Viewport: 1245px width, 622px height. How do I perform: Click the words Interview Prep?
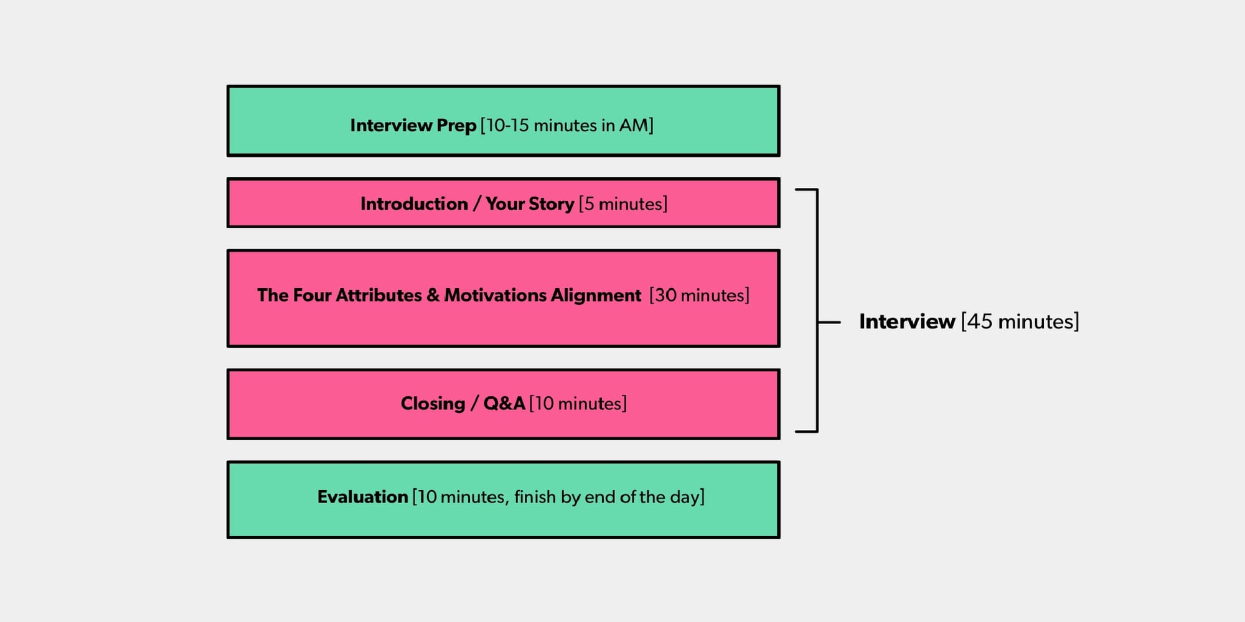pyautogui.click(x=413, y=126)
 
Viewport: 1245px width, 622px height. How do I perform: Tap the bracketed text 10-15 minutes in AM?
pyautogui.click(x=566, y=126)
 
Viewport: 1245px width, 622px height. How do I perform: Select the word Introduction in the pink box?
pyautogui.click(x=414, y=204)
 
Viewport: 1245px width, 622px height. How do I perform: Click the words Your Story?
pyautogui.click(x=530, y=204)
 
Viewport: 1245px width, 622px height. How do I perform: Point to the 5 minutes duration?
pyautogui.click(x=623, y=204)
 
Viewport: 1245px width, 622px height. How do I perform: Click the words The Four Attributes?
pyautogui.click(x=339, y=295)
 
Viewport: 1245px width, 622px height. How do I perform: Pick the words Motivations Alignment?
pyautogui.click(x=542, y=295)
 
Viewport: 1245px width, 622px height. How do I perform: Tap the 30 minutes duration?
pyautogui.click(x=699, y=295)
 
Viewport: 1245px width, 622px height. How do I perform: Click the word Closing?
pyautogui.click(x=433, y=404)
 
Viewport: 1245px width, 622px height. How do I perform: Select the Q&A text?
pyautogui.click(x=504, y=404)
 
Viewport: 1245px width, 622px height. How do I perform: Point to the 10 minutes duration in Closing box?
pyautogui.click(x=578, y=404)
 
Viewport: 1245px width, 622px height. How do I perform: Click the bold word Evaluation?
pyautogui.click(x=362, y=497)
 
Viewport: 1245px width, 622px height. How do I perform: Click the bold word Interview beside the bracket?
pyautogui.click(x=907, y=322)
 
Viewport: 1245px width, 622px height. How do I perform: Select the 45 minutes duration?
pyautogui.click(x=1020, y=322)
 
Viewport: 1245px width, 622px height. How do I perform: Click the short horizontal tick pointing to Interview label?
pyautogui.click(x=829, y=322)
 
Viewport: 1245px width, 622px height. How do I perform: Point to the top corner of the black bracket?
pyautogui.click(x=817, y=190)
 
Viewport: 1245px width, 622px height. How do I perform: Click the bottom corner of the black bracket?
pyautogui.click(x=817, y=431)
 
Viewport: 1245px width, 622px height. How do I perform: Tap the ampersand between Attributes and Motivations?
pyautogui.click(x=433, y=295)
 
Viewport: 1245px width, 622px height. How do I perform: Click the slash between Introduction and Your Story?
pyautogui.click(x=477, y=204)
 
